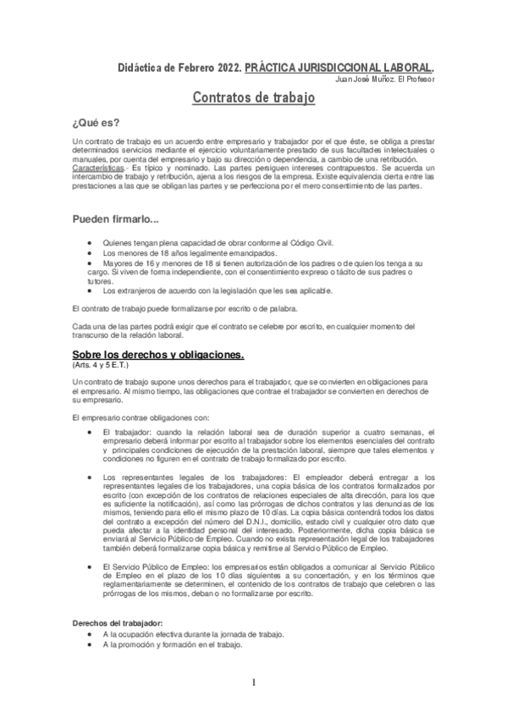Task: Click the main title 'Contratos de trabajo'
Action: click(x=254, y=98)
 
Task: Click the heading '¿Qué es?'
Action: click(x=96, y=120)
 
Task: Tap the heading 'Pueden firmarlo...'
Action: click(x=116, y=220)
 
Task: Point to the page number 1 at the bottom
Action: click(x=253, y=682)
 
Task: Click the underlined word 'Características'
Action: click(x=100, y=169)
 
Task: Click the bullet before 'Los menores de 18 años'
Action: click(x=90, y=253)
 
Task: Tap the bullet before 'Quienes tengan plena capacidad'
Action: click(x=90, y=242)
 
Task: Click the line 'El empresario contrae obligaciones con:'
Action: click(x=146, y=418)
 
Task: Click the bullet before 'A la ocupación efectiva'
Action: click(x=90, y=635)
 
